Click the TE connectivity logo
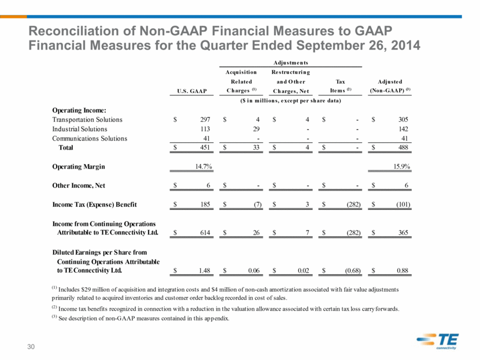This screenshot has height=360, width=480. click(x=438, y=341)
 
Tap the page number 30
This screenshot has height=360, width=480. click(x=31, y=347)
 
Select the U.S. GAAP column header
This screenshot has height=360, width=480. click(x=192, y=91)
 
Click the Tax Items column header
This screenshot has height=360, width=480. click(x=341, y=86)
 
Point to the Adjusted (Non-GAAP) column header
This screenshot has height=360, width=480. click(x=390, y=86)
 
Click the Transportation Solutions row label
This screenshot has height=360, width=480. click(x=87, y=120)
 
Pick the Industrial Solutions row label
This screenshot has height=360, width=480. click(x=80, y=129)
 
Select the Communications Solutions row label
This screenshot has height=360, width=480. click(x=90, y=139)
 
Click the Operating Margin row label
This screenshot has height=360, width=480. click(x=79, y=166)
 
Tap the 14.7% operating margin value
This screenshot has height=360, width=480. click(x=204, y=166)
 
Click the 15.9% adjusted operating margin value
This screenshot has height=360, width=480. click(x=401, y=166)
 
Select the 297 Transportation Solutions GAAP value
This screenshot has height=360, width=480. click(x=205, y=120)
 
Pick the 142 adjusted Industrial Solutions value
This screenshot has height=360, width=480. click(x=403, y=129)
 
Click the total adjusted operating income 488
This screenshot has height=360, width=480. click(x=403, y=147)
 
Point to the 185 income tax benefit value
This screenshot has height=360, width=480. click(x=205, y=205)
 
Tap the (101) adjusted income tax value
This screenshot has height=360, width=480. click(x=403, y=205)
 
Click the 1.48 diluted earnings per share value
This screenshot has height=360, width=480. click(x=205, y=270)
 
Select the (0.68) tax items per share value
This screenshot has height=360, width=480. click(x=353, y=270)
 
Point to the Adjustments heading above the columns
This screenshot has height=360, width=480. click(x=290, y=63)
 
